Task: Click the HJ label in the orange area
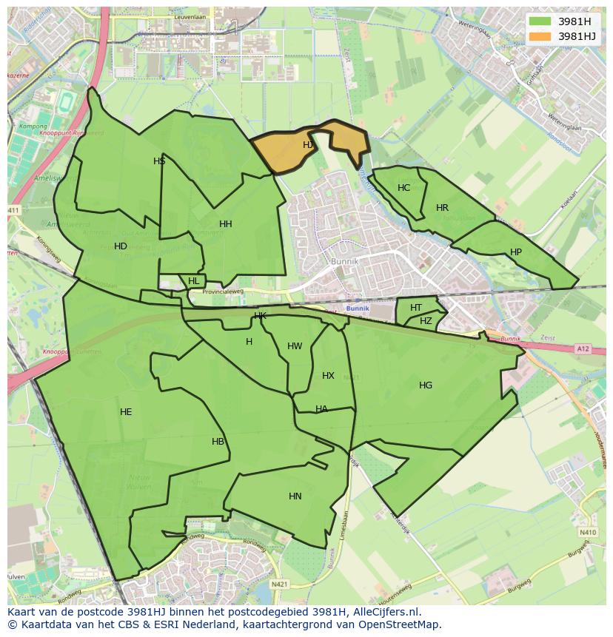[x=308, y=145]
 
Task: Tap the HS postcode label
[x=159, y=161]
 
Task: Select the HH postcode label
[x=226, y=224]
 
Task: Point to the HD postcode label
[x=121, y=246]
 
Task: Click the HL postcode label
[x=194, y=281]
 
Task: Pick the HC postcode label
[x=403, y=188]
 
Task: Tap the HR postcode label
[x=442, y=208]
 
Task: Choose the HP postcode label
[x=516, y=252]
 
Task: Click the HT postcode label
[x=416, y=308]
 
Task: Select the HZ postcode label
[x=426, y=321]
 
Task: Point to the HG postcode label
[x=426, y=385]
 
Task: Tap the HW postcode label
[x=295, y=346]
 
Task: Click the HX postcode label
[x=328, y=376]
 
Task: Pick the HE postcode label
[x=126, y=412]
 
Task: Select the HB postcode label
[x=218, y=442]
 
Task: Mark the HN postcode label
[x=295, y=496]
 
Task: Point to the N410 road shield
[x=588, y=533]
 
